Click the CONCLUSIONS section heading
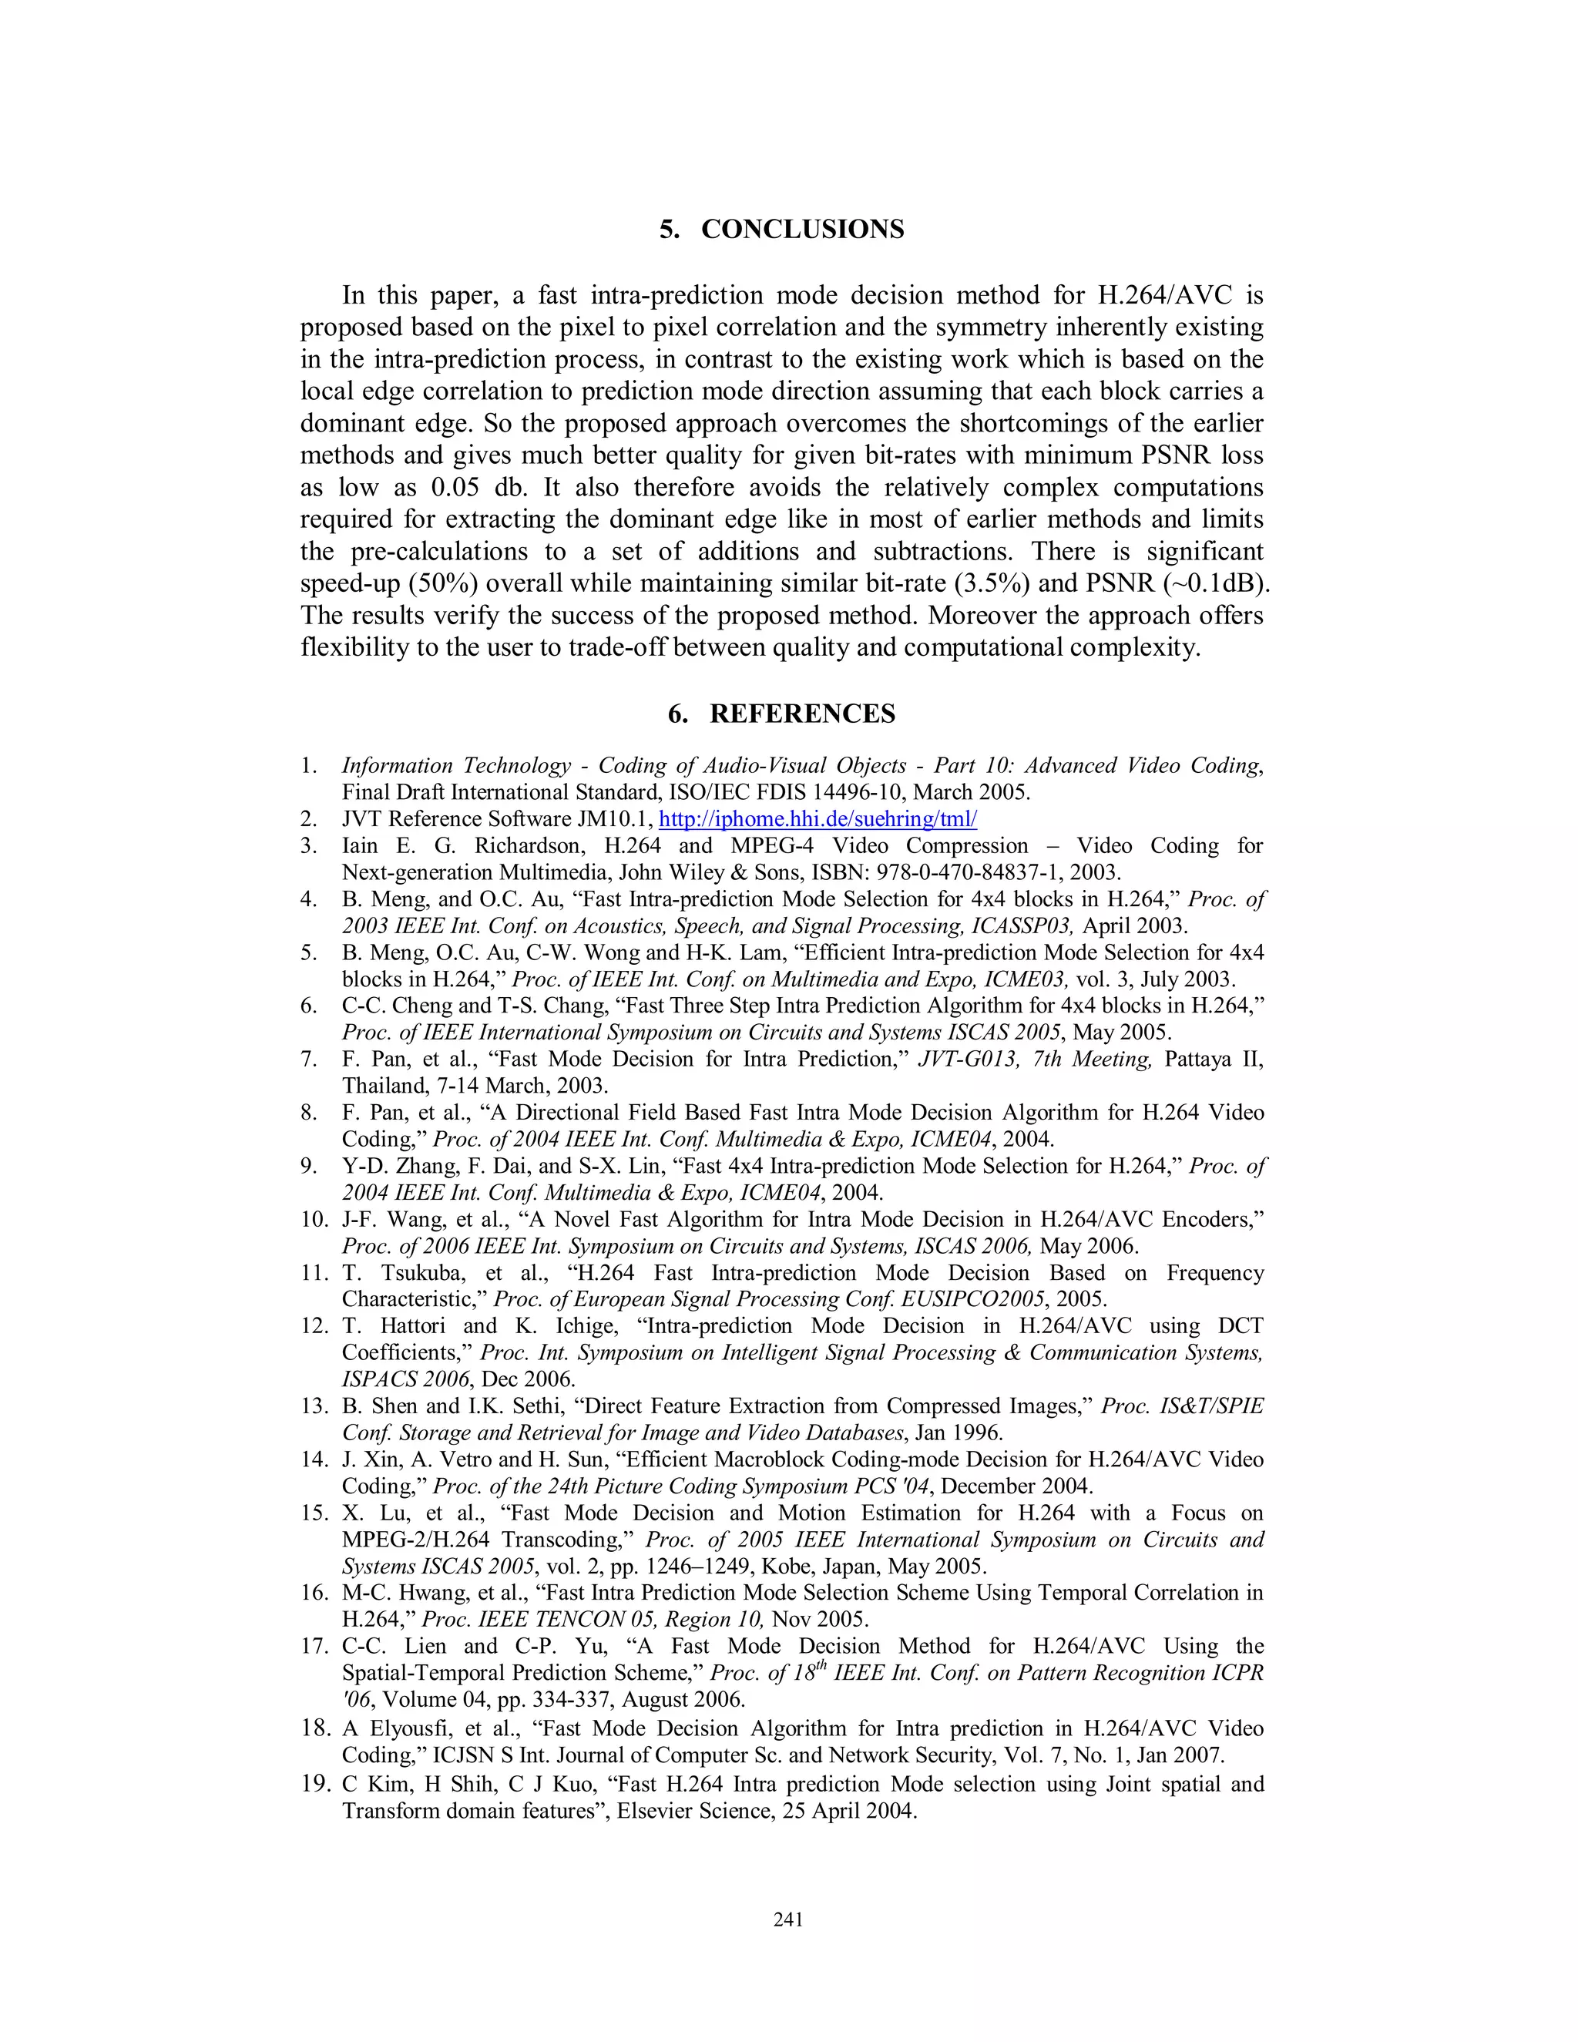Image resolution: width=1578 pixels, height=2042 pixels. point(802,230)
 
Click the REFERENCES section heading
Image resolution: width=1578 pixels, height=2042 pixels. point(802,714)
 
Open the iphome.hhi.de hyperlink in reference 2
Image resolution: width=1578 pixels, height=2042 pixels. point(818,820)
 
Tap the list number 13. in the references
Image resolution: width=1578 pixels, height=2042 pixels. point(314,1407)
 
